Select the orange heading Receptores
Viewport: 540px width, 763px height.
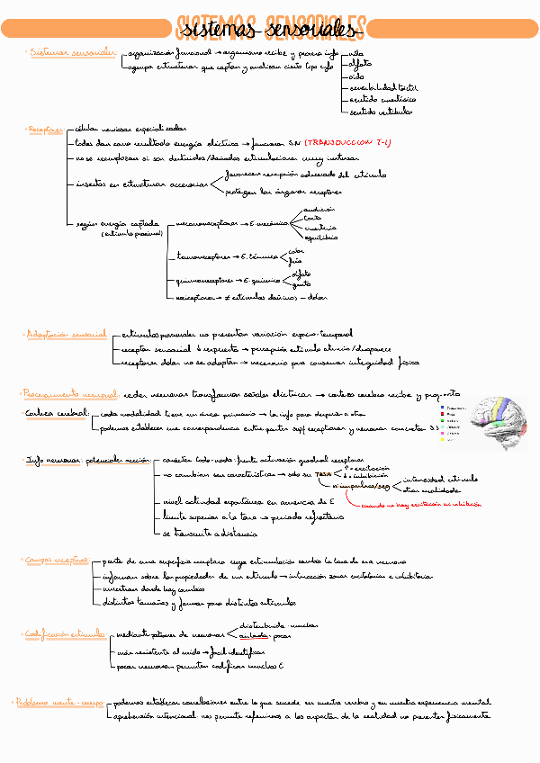tap(45, 130)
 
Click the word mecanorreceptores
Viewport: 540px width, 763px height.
tap(207, 221)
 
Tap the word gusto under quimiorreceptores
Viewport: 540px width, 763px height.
tap(302, 284)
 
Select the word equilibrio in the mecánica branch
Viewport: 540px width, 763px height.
tap(321, 238)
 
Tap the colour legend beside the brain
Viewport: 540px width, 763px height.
tap(451, 420)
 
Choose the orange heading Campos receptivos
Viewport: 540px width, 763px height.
tap(56, 560)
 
